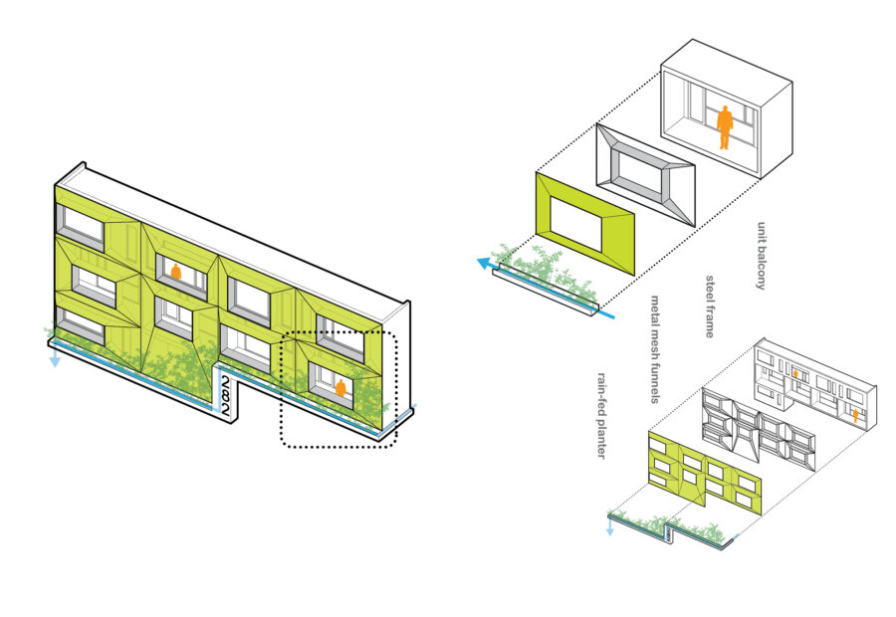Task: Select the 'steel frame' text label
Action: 710,306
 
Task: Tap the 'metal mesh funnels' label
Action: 656,348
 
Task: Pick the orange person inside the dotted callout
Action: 340,388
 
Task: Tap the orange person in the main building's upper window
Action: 176,271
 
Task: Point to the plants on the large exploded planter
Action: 543,273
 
